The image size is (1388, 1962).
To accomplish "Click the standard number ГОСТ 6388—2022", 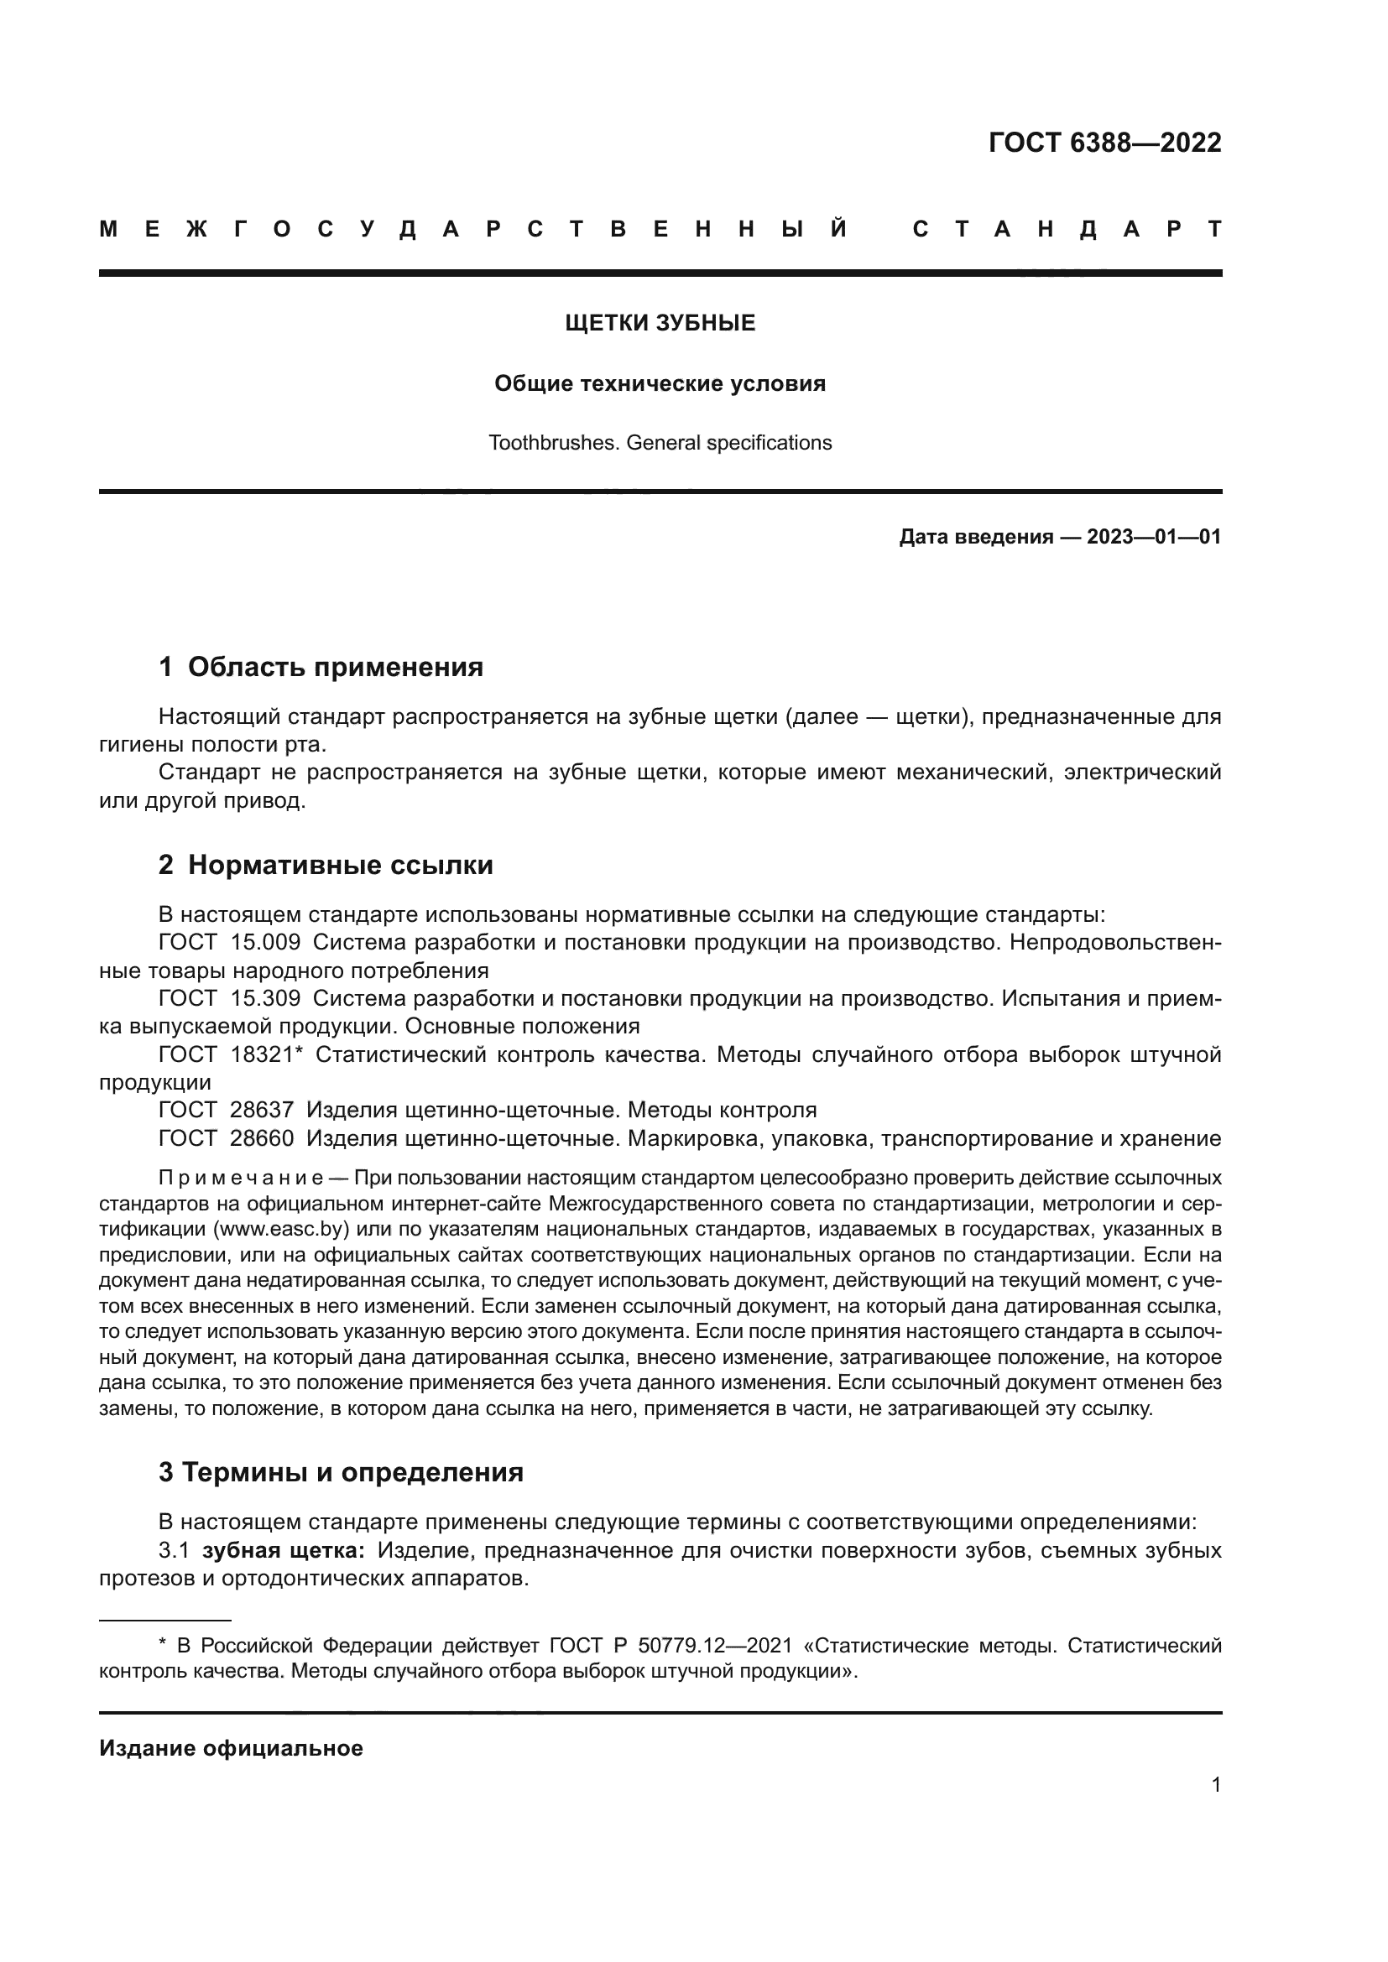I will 1104,143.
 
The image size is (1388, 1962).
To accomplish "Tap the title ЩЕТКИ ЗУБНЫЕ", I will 660,323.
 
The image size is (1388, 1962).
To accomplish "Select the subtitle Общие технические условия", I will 660,383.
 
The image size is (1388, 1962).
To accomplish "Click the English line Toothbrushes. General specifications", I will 660,443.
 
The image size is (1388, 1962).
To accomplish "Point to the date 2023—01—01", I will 1154,537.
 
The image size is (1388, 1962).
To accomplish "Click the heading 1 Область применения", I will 321,667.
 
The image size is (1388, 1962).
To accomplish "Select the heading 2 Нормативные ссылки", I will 326,865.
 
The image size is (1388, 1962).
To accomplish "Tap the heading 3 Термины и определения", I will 340,1472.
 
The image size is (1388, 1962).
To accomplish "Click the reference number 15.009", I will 265,943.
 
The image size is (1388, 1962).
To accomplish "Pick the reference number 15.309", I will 265,998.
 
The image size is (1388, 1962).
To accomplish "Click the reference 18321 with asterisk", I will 267,1054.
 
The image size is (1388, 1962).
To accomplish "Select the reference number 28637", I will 262,1110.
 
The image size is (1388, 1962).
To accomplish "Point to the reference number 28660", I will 262,1138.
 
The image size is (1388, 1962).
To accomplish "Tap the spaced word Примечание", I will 241,1178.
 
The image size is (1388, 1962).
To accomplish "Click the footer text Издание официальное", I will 231,1747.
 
